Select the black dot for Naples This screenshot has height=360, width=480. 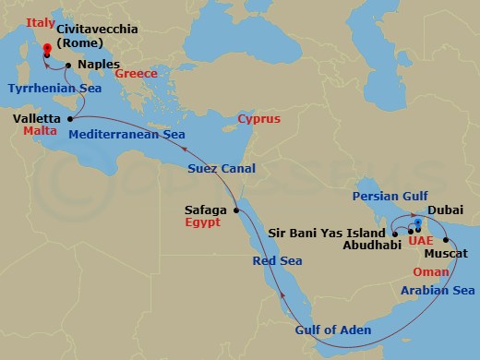(x=68, y=65)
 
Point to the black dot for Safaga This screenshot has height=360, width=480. (x=236, y=210)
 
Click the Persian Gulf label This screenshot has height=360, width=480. (x=390, y=196)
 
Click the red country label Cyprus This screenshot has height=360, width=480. (x=258, y=119)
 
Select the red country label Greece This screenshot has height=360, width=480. (x=136, y=73)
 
